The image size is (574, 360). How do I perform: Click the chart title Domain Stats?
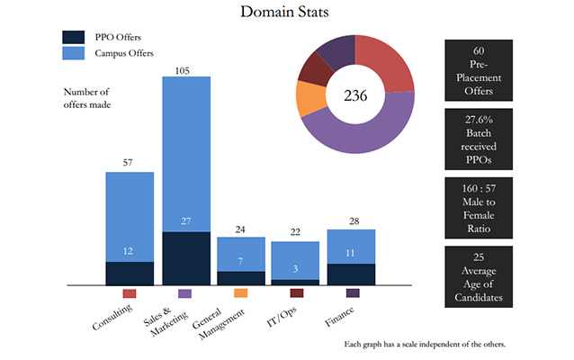287,13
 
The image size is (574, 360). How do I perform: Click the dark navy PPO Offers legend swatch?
74,37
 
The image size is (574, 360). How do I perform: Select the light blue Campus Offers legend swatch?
74,54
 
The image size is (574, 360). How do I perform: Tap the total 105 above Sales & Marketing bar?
185,69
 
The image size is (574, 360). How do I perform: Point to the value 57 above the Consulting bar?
129,164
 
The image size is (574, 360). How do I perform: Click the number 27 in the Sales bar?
185,221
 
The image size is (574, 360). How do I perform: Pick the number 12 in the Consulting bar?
129,251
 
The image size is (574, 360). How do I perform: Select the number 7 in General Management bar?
240,262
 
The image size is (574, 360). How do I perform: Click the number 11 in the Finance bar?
351,254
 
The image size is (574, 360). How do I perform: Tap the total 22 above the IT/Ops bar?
295,233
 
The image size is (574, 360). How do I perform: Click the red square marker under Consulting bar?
129,293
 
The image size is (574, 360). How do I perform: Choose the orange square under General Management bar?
240,293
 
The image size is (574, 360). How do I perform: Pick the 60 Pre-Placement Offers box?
478,71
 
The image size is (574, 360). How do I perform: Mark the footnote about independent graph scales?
425,344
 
